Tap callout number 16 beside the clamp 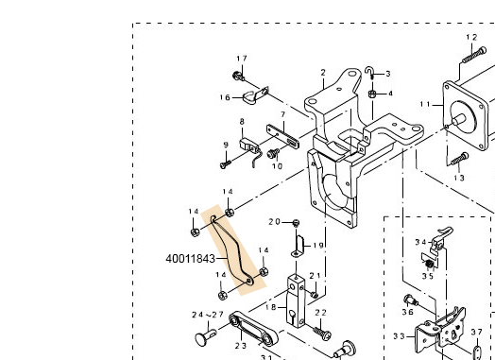[225, 97]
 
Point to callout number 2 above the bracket [322, 72]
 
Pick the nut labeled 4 [373, 94]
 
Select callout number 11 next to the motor [425, 103]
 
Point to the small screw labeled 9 [227, 163]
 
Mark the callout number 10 [277, 166]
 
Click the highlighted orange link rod [234, 250]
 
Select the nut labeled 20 [295, 223]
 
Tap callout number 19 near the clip [318, 245]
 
